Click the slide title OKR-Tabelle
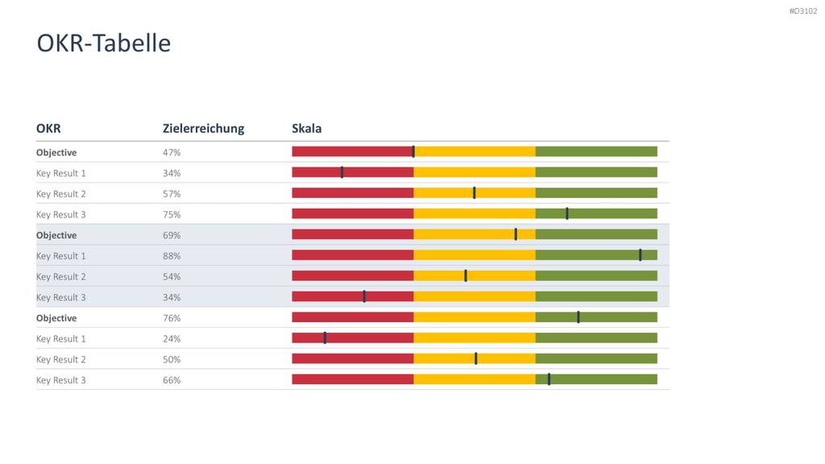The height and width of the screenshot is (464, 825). pos(104,43)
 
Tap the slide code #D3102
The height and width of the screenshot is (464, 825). pos(803,11)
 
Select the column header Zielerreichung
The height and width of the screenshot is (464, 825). pos(203,129)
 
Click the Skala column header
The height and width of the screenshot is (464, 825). pos(307,128)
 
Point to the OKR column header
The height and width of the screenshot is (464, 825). pos(48,128)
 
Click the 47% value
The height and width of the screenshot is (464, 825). pos(172,152)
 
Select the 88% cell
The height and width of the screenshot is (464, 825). pos(172,256)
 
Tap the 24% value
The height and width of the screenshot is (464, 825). pos(172,339)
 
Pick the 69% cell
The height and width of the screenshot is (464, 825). pos(172,235)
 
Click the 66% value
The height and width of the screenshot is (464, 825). pos(172,380)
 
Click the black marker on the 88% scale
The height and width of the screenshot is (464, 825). pos(641,255)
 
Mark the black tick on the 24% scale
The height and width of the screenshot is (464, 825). pos(325,338)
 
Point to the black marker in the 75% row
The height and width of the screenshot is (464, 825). pos(567,213)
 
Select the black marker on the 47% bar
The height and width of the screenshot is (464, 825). pos(413,151)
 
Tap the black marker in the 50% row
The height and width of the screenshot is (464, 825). pos(476,358)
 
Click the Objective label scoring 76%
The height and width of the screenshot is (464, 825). pos(56,318)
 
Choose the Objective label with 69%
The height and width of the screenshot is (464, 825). pos(56,235)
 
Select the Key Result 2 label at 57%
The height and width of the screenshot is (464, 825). pos(61,194)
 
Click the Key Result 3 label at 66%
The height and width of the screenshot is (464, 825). pos(61,380)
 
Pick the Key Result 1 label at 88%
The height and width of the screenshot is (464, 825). pos(61,256)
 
